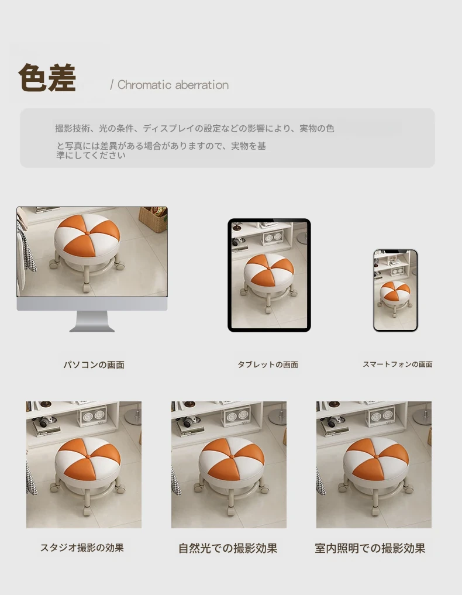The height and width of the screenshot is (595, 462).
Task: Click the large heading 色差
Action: coord(47,78)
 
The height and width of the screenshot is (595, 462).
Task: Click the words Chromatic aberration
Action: coord(173,85)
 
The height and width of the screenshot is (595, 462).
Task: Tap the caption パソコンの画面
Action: coord(94,364)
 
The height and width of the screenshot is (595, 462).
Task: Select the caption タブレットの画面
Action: coord(268,364)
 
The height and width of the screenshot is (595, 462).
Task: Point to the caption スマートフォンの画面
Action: coord(398,364)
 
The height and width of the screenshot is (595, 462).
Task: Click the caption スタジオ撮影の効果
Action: coord(82,548)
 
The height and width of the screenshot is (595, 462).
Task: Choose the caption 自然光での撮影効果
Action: coord(228,548)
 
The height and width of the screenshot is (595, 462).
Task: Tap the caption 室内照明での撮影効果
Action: coord(370,548)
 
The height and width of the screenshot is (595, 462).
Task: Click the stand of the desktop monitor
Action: coord(92,321)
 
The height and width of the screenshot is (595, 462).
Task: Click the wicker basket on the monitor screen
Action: coord(153,219)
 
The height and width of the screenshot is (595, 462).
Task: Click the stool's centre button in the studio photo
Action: coord(88,456)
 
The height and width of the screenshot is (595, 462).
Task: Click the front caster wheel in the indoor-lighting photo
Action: coord(375,510)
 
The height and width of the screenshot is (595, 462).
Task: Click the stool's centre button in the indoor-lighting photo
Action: coord(376,456)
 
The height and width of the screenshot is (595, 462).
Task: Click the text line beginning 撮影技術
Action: coord(194,129)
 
